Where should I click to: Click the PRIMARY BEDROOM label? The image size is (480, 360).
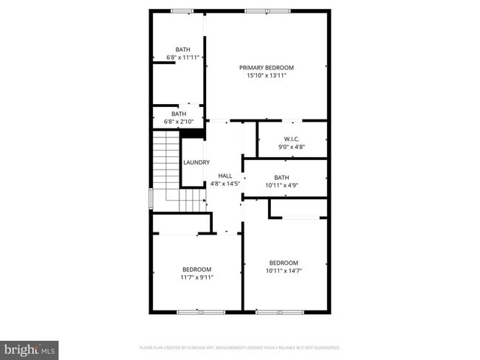[266, 67]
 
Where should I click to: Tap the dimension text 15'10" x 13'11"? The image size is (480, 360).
[266, 75]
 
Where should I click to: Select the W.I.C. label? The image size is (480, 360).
[291, 139]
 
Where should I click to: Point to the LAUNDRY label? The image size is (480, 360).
[196, 162]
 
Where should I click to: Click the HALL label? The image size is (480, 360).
[225, 175]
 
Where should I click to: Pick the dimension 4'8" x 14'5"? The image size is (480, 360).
[225, 183]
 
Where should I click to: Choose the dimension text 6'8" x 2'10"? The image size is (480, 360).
[179, 122]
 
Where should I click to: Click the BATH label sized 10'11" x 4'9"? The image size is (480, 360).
[281, 177]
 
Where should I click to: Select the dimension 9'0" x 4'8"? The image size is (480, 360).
[291, 147]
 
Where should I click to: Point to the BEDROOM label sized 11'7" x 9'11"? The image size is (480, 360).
[197, 269]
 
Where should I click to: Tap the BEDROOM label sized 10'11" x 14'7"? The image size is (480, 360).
[284, 263]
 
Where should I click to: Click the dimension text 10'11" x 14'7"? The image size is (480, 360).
[284, 271]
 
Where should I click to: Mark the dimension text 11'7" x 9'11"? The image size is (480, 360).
[197, 277]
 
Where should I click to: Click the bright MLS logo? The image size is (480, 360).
[30, 348]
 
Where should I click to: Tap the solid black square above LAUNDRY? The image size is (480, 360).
[193, 134]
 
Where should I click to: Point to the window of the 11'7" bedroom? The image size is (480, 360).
[201, 312]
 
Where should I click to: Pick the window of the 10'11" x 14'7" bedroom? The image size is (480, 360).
[279, 312]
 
